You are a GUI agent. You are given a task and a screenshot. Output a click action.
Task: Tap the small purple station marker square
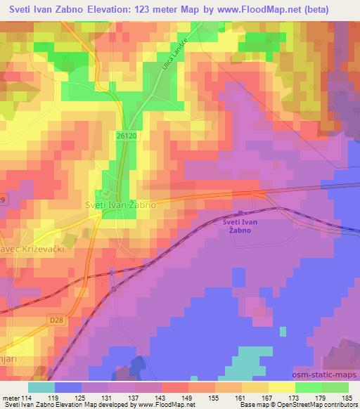240,214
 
